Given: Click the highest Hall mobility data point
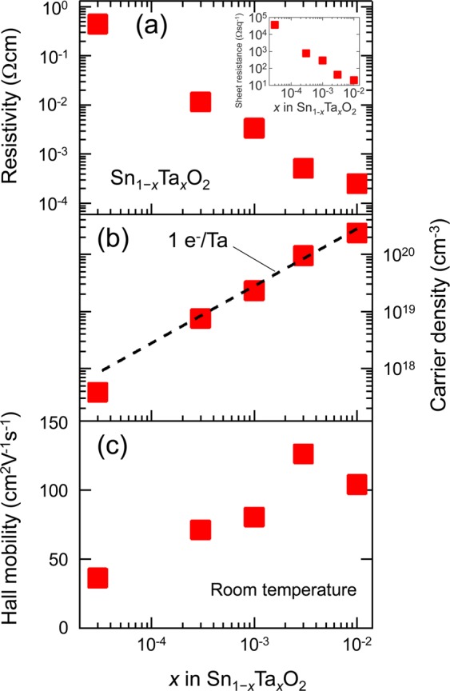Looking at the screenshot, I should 303,453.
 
